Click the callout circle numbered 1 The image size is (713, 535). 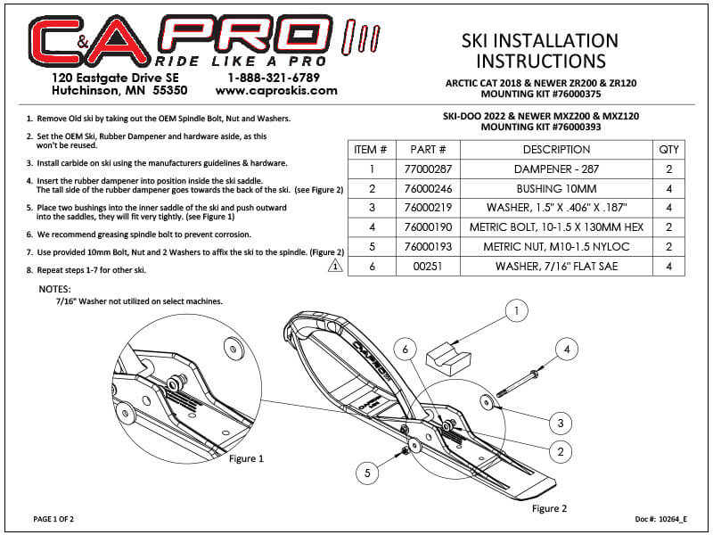(515, 311)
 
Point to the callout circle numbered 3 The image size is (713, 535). (560, 422)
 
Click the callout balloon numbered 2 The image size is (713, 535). (560, 452)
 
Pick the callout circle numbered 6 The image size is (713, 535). (406, 350)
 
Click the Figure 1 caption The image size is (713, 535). (246, 459)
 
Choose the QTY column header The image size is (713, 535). (668, 149)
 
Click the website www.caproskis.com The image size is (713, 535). (276, 90)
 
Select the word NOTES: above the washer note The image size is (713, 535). (57, 291)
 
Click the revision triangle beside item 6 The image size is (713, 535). (335, 265)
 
